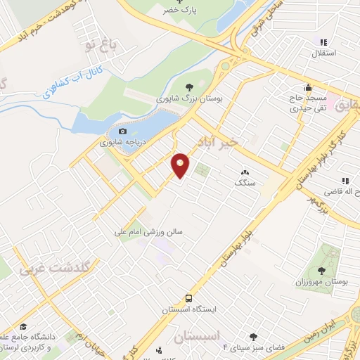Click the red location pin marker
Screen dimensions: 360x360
[181, 166]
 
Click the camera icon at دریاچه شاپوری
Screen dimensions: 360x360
[123, 131]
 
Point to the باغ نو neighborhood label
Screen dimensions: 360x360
[98, 46]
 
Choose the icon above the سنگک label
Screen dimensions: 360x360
[245, 172]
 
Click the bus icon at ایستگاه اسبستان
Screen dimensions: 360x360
[188, 298]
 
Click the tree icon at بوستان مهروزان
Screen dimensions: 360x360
[321, 270]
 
